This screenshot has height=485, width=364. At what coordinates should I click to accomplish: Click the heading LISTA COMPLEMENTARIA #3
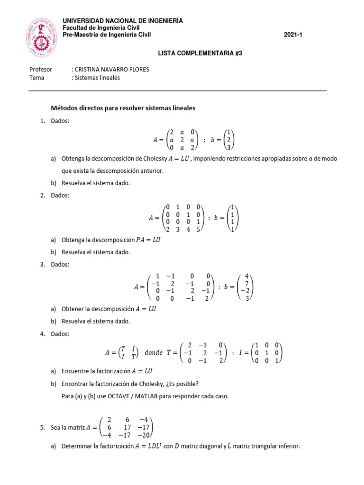200,54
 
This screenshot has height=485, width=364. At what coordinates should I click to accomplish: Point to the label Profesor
41,69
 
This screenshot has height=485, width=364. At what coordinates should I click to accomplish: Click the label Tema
36,78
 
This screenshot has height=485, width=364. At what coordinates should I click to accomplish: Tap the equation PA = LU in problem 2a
148,240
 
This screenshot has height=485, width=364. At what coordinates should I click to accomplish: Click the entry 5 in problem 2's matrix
198,229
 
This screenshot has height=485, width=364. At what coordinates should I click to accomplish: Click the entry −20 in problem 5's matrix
144,435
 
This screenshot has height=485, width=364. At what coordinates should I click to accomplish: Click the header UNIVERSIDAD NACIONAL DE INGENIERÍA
123,21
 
